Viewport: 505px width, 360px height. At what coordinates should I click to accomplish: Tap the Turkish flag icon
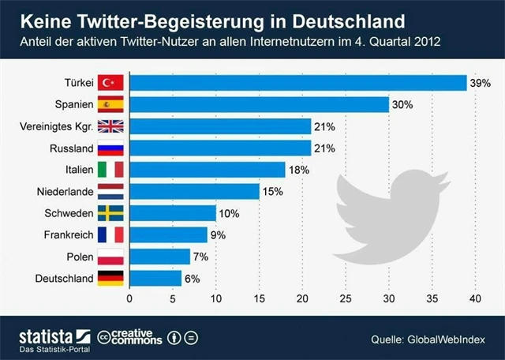pos(109,83)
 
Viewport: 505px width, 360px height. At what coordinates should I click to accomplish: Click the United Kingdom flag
pos(109,126)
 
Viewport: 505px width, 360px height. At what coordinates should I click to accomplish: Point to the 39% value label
pos(481,83)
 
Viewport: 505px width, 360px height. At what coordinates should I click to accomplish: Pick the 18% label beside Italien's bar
pos(299,170)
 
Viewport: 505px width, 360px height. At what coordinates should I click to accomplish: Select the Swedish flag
pos(109,213)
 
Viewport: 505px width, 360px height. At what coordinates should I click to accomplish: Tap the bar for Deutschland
pos(155,278)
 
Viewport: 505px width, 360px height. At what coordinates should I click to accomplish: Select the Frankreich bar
pos(167,234)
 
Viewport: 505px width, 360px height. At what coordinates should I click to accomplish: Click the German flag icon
pos(109,278)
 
